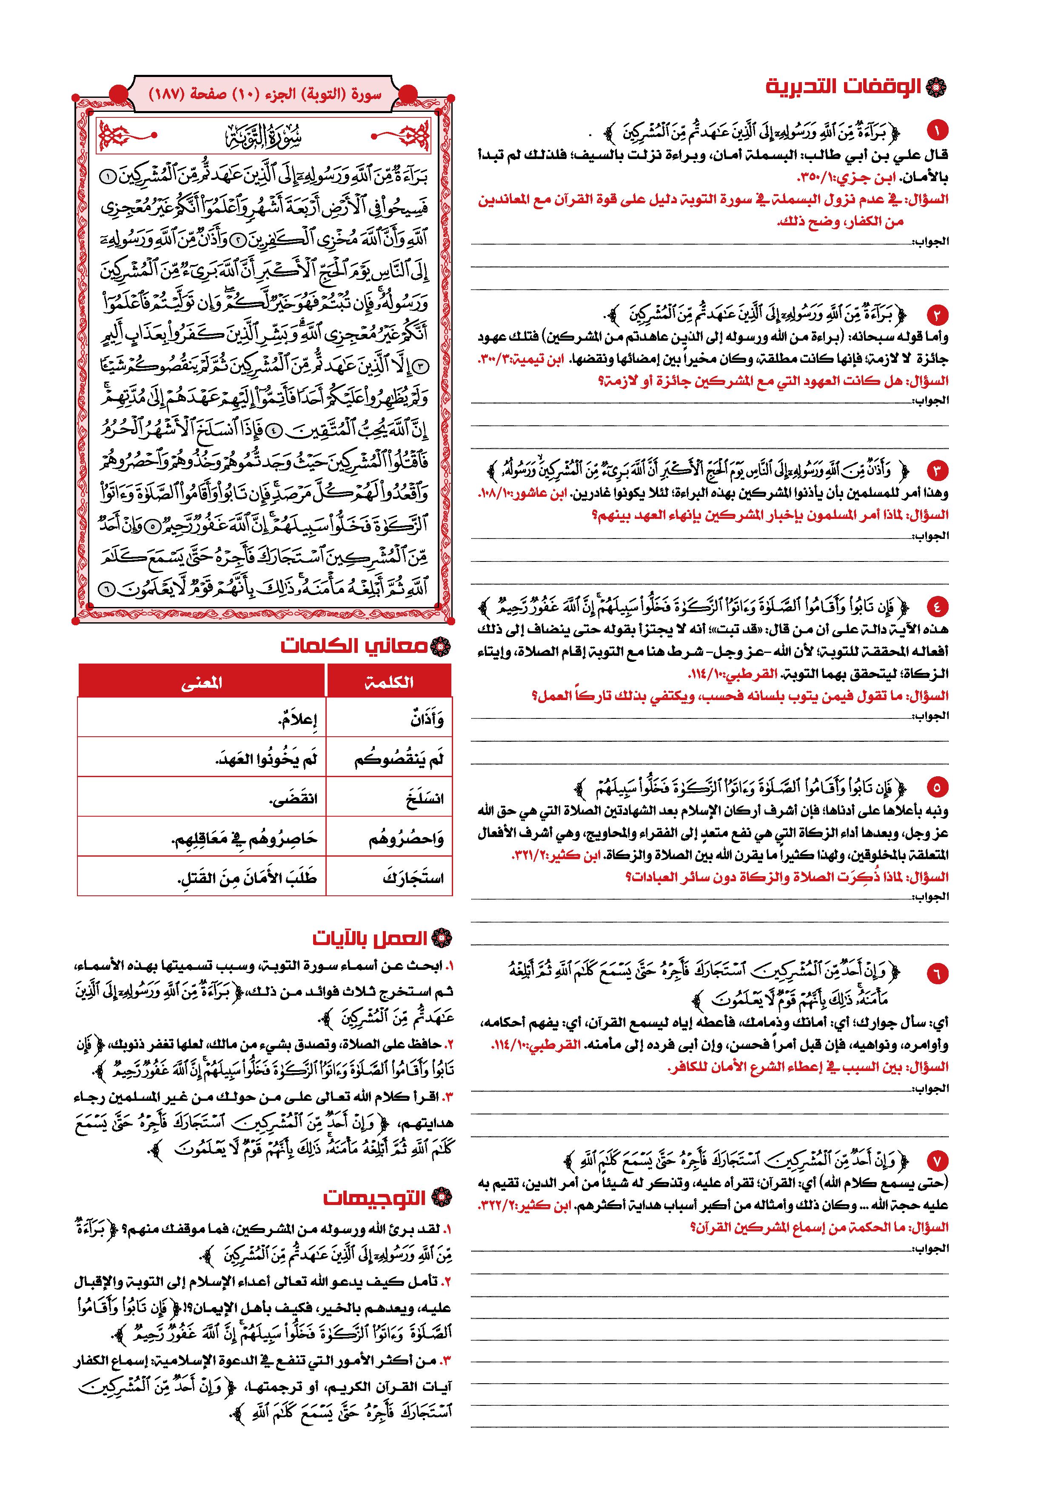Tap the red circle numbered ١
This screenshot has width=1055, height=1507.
[x=937, y=131]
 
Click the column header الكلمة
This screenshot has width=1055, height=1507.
[x=389, y=682]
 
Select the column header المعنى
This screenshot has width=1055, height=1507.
[x=201, y=682]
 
